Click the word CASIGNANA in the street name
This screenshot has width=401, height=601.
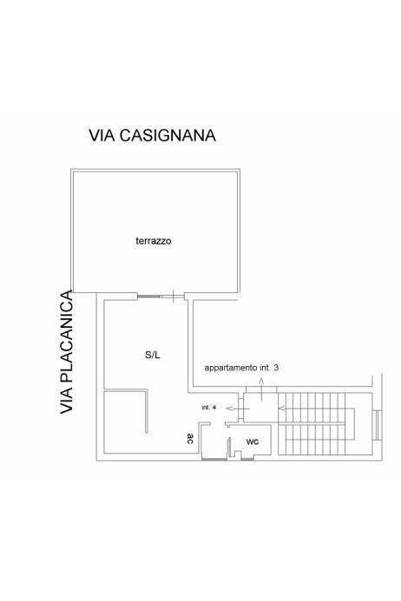168,135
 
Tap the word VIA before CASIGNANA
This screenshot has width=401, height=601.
102,135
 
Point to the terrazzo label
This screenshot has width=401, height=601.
154,241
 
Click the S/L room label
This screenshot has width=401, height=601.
153,355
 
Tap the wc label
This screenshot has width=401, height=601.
253,441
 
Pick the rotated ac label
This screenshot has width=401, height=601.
190,439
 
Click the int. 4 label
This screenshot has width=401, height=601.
209,408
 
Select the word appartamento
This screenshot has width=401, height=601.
231,368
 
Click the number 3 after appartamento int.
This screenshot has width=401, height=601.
276,368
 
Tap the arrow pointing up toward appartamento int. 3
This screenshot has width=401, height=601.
262,389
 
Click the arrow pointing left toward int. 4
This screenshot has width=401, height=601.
238,408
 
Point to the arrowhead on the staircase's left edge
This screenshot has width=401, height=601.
281,408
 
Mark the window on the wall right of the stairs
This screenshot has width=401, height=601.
377,425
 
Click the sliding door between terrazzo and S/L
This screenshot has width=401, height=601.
161,296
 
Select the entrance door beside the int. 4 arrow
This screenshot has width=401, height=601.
240,408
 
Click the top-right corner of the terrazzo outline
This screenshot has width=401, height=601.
239,170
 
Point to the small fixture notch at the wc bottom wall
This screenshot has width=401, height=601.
238,455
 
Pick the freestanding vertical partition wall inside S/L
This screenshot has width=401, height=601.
147,412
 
